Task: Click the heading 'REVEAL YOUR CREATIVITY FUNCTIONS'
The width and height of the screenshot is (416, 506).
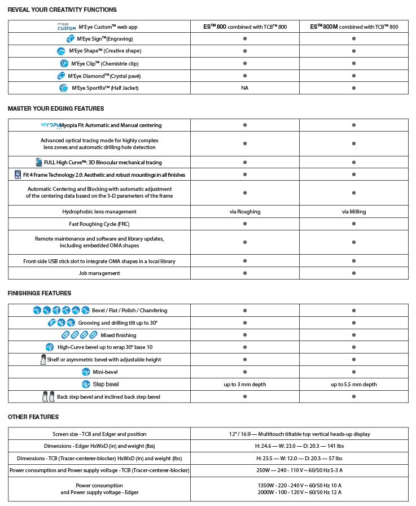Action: pyautogui.click(x=62, y=10)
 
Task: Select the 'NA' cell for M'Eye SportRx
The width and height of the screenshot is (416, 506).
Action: pyautogui.click(x=245, y=88)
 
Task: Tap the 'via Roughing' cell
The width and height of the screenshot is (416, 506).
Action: pyautogui.click(x=245, y=212)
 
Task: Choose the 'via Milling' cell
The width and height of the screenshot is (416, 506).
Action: pyautogui.click(x=354, y=212)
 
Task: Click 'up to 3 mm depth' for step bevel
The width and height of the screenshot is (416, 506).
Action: pyautogui.click(x=245, y=385)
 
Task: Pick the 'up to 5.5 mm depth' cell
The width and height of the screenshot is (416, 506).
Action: pyautogui.click(x=354, y=385)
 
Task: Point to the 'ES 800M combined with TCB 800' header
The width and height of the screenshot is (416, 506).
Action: pyautogui.click(x=354, y=27)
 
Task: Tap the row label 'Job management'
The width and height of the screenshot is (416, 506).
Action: pyautogui.click(x=99, y=273)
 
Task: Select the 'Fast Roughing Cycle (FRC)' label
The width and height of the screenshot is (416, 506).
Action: pyautogui.click(x=99, y=224)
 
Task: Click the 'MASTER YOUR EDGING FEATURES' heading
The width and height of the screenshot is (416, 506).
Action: pyautogui.click(x=56, y=108)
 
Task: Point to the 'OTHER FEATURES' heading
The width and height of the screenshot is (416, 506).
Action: pyautogui.click(x=33, y=417)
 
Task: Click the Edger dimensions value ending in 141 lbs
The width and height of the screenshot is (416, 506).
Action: pyautogui.click(x=299, y=446)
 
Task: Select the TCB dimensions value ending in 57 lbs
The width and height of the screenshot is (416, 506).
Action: pyautogui.click(x=299, y=459)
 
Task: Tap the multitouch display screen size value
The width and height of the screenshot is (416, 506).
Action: pyautogui.click(x=299, y=434)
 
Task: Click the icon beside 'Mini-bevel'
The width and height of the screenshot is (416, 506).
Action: pyautogui.click(x=86, y=372)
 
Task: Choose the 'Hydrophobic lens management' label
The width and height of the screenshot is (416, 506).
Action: pyautogui.click(x=99, y=212)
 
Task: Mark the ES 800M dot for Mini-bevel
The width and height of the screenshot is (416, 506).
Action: pyautogui.click(x=354, y=372)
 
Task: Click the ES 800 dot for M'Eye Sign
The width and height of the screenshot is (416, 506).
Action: pyautogui.click(x=245, y=39)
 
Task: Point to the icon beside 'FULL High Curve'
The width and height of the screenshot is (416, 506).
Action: pyautogui.click(x=38, y=163)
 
